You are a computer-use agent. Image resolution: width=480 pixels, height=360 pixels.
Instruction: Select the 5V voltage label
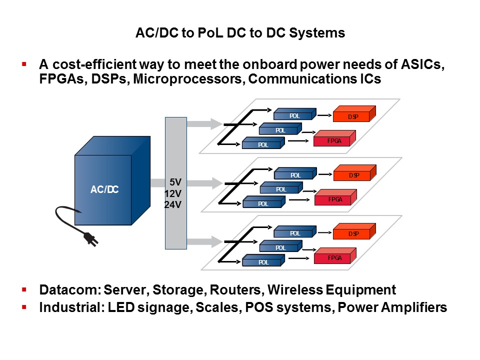(175, 183)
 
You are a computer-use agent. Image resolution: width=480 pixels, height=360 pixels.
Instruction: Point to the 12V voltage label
(173, 193)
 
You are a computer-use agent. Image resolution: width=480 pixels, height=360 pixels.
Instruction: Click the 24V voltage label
(173, 204)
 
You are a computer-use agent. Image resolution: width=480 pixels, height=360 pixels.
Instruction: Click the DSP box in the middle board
(354, 174)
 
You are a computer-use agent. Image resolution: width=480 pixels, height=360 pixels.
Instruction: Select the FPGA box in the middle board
(334, 198)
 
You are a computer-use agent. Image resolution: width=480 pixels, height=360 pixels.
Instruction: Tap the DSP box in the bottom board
(354, 232)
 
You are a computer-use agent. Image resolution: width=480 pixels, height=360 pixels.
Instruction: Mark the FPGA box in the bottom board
(334, 257)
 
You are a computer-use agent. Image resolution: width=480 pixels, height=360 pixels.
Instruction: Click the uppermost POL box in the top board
(295, 115)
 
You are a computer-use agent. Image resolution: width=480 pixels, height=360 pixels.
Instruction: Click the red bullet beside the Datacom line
(23, 289)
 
